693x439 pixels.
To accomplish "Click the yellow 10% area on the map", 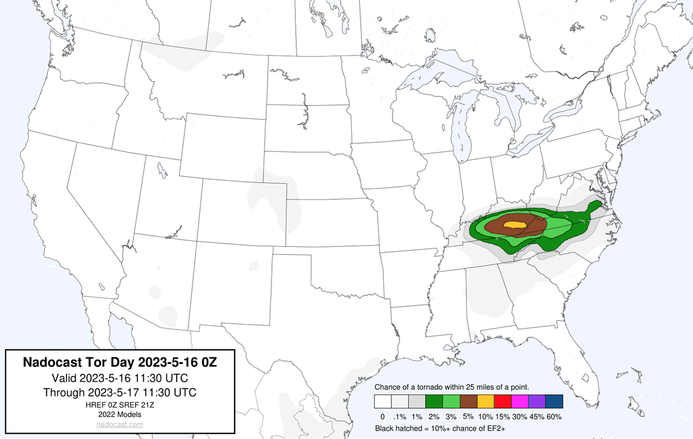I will coord(513,224).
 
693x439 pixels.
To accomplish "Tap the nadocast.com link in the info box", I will coord(120,424).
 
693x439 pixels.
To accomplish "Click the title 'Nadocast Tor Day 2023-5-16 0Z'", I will coord(120,363).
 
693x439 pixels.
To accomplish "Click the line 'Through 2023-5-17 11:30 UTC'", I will coord(120,392).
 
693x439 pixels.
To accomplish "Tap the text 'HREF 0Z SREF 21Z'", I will coord(120,405).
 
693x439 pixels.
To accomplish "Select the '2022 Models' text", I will coord(120,414).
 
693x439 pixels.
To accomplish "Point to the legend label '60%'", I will coord(554,416).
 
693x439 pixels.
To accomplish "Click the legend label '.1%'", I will coord(399,416).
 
